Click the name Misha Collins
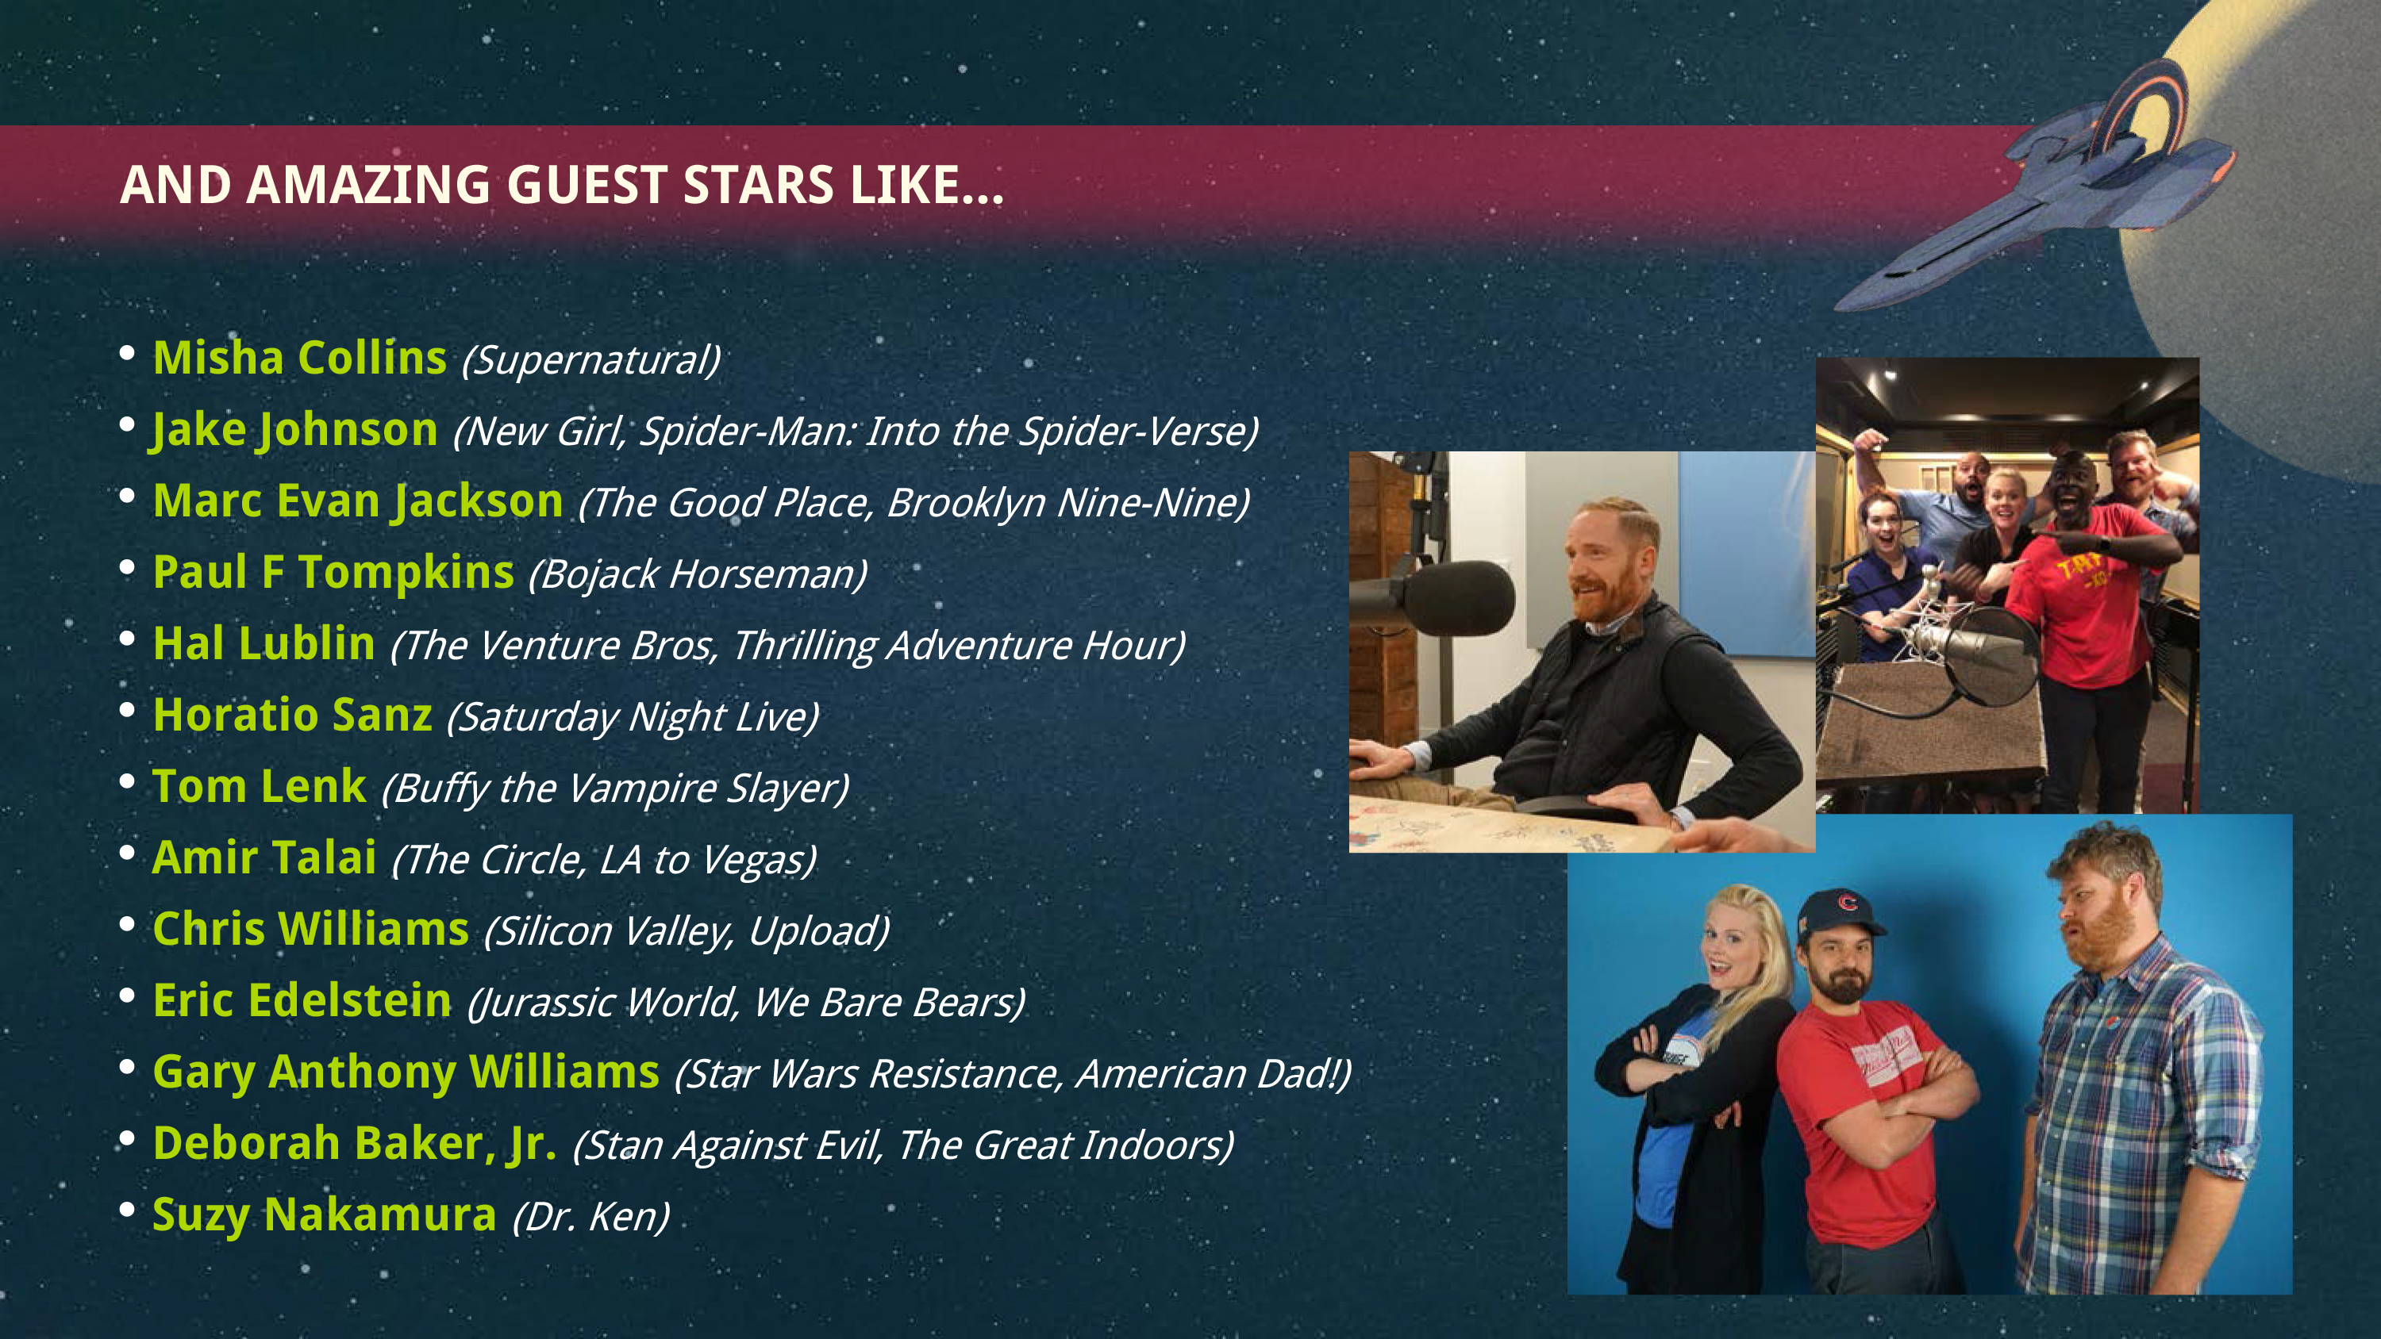[x=299, y=358]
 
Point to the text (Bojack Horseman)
[x=698, y=574]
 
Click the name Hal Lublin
[x=264, y=643]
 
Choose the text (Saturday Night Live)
[x=633, y=717]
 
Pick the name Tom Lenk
[x=260, y=786]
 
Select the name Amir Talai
[x=264, y=857]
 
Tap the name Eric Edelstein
[x=302, y=1001]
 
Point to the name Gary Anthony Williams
[x=406, y=1072]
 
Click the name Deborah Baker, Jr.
[x=355, y=1144]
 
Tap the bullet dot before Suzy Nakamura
[x=128, y=1210]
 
